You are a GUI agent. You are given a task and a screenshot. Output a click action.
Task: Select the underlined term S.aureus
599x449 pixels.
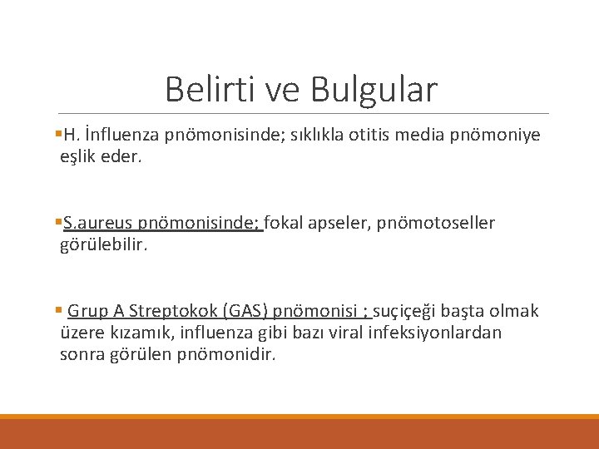(x=97, y=223)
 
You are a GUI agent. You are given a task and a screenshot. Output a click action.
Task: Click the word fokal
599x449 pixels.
(x=288, y=223)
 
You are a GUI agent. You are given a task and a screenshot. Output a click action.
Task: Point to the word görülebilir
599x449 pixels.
(x=103, y=244)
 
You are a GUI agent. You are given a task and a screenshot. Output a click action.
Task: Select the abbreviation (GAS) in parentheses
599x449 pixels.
(x=245, y=311)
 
